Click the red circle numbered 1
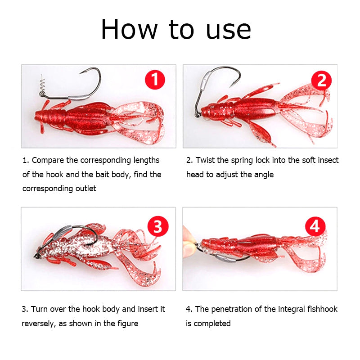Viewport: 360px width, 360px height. coord(155,80)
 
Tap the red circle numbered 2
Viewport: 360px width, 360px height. coord(321,81)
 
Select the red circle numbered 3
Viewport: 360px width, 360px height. coord(158,226)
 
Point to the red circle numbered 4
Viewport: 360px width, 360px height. coord(315,226)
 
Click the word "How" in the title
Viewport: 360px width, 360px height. coord(129,29)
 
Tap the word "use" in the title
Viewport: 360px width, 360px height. coord(229,31)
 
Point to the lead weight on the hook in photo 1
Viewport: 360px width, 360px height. coord(78,97)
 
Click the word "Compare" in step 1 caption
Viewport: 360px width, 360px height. coord(48,161)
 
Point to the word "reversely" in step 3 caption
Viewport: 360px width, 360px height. coord(38,324)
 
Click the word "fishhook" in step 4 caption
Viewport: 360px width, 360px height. coord(322,309)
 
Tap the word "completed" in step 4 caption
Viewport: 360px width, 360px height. coord(212,324)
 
